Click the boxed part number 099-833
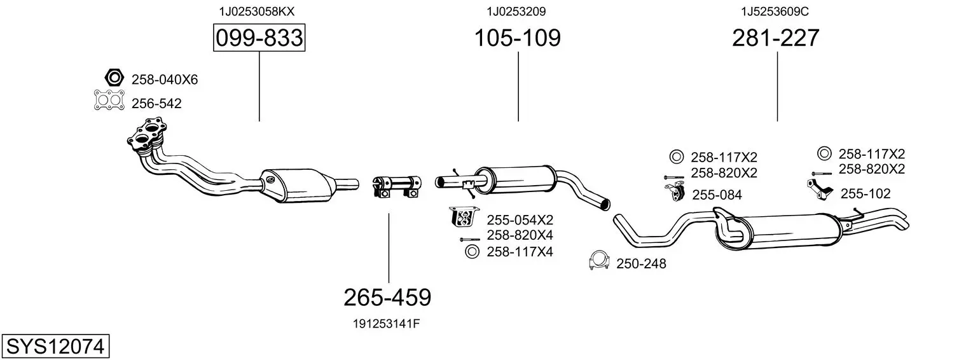point(259,38)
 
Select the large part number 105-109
point(517,38)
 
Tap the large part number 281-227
point(776,38)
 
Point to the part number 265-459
point(387,298)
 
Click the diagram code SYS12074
point(55,347)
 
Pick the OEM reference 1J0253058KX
point(257,11)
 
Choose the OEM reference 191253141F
point(387,324)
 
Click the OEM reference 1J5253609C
point(775,11)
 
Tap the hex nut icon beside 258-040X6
point(114,78)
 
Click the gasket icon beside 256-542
point(109,100)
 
